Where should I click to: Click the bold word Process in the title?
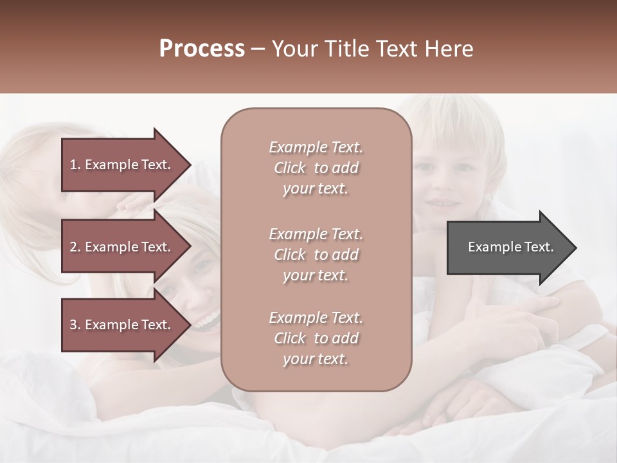[202, 49]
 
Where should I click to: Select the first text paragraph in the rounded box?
[316, 168]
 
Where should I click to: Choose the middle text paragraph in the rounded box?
[316, 255]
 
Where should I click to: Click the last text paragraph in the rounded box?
[316, 338]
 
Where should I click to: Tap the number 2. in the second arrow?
[75, 247]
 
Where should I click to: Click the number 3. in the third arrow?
[75, 325]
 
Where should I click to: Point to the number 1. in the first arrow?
[75, 165]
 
